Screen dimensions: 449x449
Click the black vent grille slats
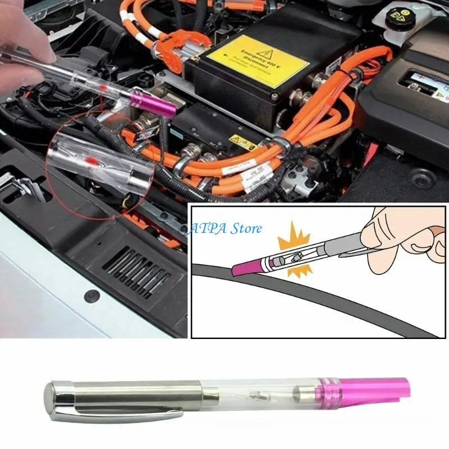(134, 273)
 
